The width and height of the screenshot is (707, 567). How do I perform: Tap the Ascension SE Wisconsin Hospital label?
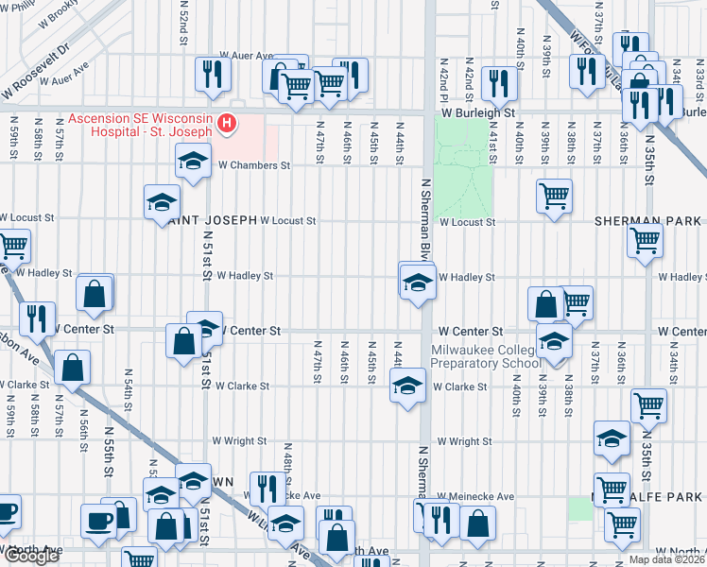[140, 125]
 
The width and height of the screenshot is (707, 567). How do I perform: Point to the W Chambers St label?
[252, 164]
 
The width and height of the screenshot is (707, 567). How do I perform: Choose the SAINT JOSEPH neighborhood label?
[213, 220]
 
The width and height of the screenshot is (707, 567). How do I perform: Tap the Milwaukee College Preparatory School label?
[486, 355]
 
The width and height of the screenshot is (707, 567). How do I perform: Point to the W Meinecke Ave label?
[474, 496]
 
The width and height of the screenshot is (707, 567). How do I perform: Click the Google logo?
[30, 556]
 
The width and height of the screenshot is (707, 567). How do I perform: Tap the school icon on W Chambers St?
[192, 162]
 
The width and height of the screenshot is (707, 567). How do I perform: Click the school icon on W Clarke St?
[407, 387]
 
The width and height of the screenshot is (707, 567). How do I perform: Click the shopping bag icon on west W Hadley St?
[95, 293]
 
